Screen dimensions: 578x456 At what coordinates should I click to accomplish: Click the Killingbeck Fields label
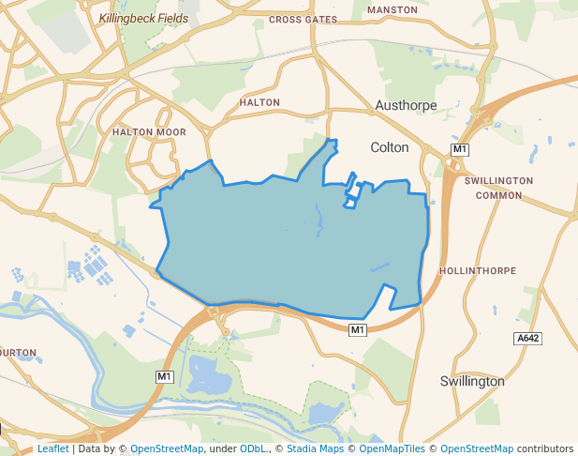[x=143, y=18]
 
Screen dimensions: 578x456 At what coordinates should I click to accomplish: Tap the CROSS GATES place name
[x=302, y=19]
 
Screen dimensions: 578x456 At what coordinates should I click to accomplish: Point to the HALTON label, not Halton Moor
[x=259, y=102]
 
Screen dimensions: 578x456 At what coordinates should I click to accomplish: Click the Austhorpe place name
[x=406, y=105]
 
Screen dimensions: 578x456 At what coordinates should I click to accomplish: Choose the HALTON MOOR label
[x=149, y=132]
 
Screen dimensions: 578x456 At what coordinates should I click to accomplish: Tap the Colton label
[x=390, y=147]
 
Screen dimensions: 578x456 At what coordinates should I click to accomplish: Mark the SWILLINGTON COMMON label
[x=498, y=188]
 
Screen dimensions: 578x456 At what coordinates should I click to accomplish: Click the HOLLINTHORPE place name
[x=477, y=270]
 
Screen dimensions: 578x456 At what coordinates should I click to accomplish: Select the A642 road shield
[x=528, y=338]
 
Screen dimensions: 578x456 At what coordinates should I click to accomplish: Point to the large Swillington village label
[x=472, y=381]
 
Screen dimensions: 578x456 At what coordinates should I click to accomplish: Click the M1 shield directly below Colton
[x=459, y=150]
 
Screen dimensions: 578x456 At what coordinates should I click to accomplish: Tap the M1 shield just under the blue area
[x=357, y=329]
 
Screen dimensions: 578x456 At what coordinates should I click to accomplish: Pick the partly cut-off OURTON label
[x=18, y=353]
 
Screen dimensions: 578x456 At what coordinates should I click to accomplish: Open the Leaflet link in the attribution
[x=53, y=448]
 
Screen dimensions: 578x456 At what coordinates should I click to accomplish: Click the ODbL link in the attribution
[x=254, y=448]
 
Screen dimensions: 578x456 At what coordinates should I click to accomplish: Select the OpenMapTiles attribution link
[x=390, y=448]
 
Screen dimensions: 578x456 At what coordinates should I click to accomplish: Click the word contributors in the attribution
[x=545, y=448]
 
